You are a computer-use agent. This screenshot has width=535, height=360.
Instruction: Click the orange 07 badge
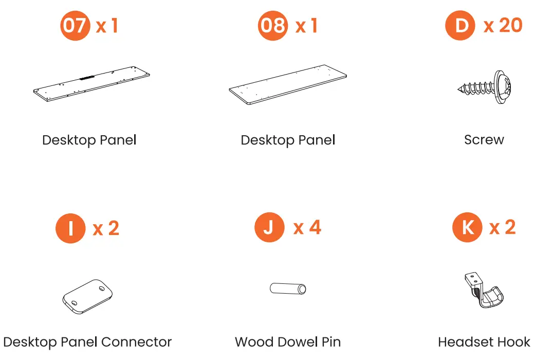75,26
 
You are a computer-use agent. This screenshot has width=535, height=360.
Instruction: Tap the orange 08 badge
272,26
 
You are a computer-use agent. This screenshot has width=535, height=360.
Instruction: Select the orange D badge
460,25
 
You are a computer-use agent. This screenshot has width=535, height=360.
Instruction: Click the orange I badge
70,228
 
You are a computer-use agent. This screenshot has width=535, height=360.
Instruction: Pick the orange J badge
269,227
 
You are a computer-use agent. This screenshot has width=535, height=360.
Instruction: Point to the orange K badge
467,227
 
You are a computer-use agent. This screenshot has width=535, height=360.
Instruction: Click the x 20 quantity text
503,25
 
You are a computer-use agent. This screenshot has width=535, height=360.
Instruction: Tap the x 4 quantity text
307,227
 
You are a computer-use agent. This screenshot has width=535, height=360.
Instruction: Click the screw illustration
485,87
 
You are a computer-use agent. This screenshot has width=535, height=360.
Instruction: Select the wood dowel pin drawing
288,289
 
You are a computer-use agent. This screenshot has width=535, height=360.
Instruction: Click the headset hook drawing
484,290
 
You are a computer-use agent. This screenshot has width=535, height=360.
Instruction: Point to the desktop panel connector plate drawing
88,296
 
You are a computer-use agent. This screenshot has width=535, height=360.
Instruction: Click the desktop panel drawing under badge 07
91,84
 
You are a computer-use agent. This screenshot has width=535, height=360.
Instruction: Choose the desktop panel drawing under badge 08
288,84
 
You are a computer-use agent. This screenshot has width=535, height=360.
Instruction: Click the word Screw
484,140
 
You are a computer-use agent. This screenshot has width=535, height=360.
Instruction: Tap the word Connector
137,342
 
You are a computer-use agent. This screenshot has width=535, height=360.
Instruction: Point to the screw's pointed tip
458,89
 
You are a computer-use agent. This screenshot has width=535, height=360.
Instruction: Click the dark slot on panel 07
87,78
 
